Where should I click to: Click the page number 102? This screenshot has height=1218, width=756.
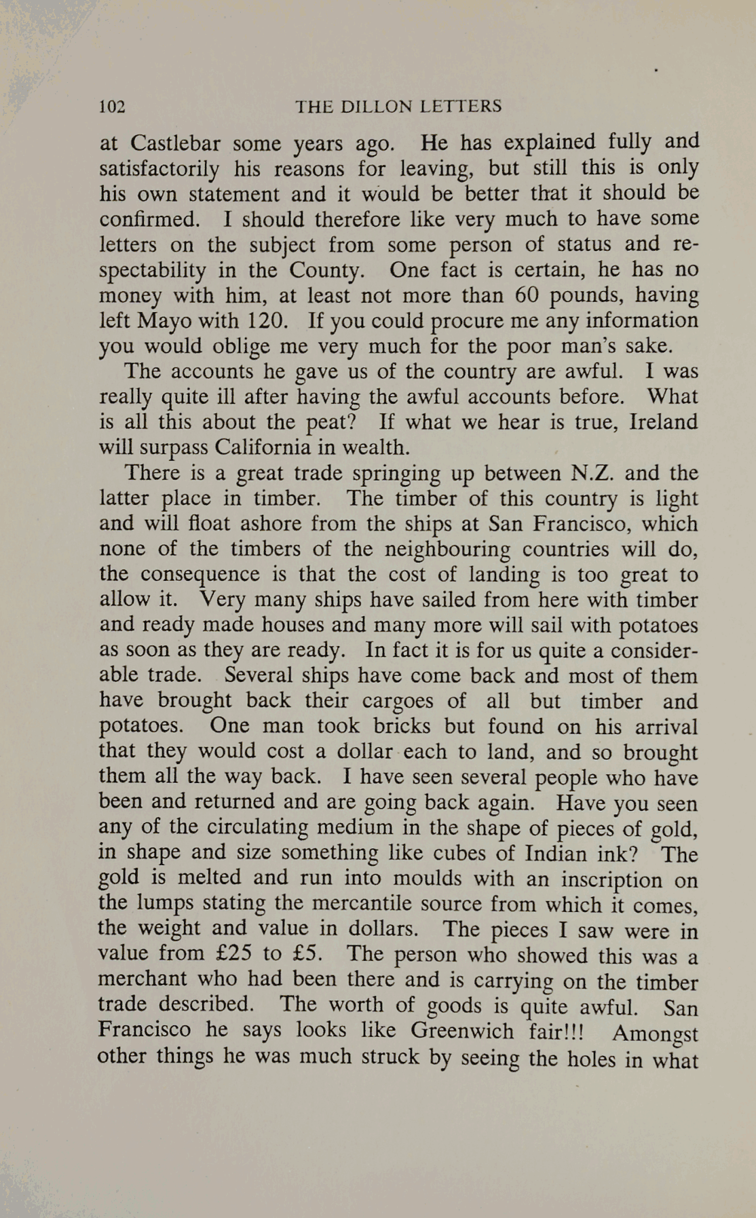pyautogui.click(x=113, y=107)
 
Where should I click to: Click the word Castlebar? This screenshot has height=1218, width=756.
pyautogui.click(x=175, y=144)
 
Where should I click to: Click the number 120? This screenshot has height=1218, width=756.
pyautogui.click(x=267, y=320)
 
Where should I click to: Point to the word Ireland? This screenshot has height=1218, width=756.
pyautogui.click(x=664, y=422)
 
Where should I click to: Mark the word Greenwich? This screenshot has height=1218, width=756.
pyautogui.click(x=461, y=1031)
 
